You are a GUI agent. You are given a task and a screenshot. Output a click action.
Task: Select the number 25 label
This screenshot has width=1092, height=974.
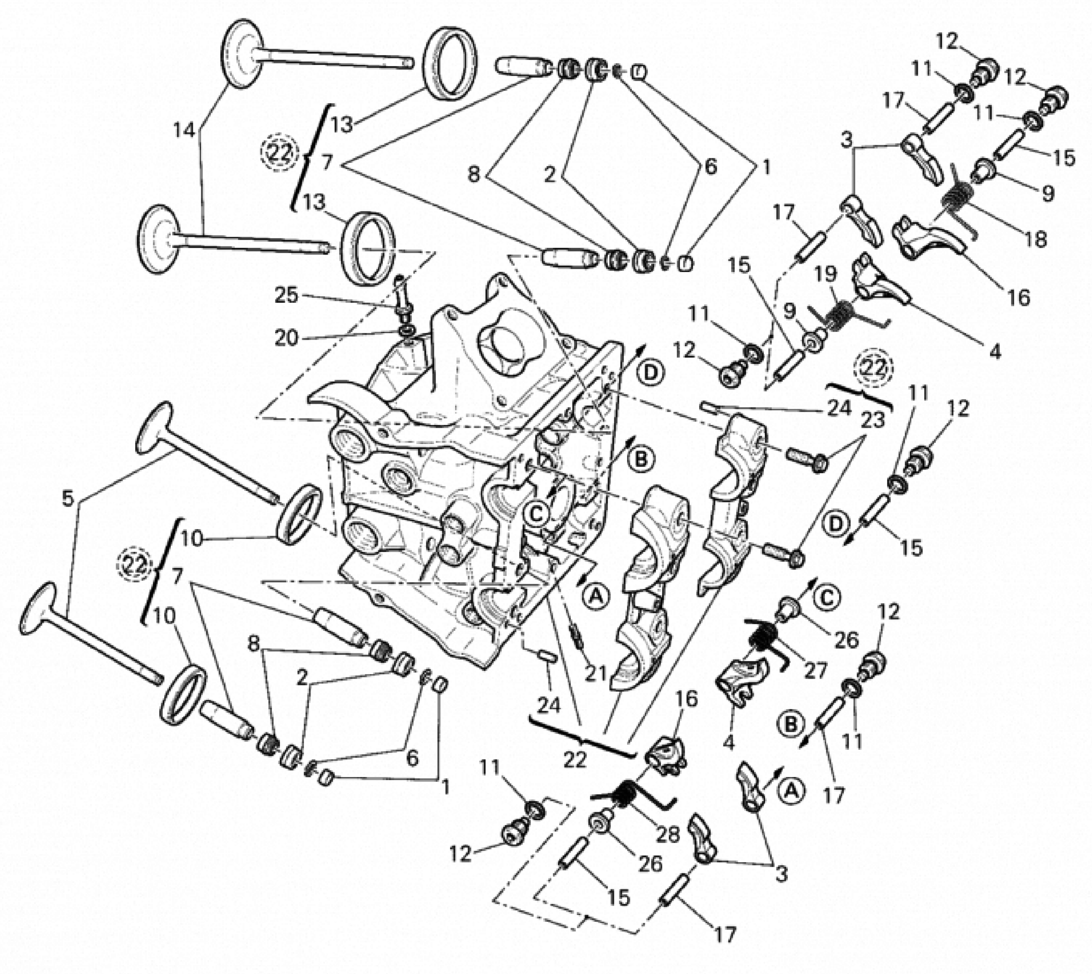[286, 294]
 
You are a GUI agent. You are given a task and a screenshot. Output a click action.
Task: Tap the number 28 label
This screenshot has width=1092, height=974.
[667, 834]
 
